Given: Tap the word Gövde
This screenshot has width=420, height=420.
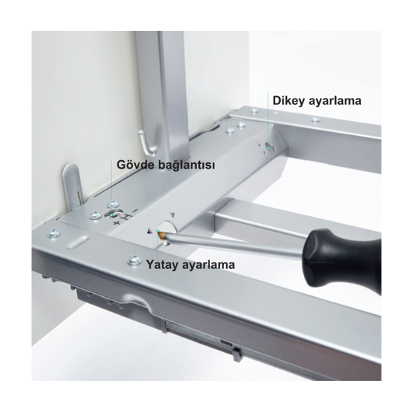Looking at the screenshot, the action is (x=135, y=164).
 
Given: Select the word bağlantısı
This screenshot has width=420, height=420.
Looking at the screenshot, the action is (x=186, y=165).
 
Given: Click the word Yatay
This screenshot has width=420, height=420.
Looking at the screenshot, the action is (x=162, y=265).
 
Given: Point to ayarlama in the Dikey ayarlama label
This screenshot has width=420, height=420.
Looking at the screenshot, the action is (x=335, y=101).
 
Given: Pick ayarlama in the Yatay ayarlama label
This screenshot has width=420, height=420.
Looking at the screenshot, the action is (x=209, y=265).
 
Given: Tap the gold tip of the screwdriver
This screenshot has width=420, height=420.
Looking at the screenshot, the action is (x=162, y=235).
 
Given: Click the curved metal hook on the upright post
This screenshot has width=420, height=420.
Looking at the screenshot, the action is (x=147, y=143).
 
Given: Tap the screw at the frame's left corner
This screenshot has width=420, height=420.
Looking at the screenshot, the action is (x=53, y=233).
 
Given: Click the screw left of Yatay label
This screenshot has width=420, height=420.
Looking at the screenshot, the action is (x=134, y=260).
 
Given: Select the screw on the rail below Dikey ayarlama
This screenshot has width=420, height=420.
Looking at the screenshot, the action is (x=316, y=120).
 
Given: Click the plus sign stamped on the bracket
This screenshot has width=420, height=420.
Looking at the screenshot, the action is (x=116, y=223).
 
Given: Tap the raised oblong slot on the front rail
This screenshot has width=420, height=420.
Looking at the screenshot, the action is (x=78, y=241).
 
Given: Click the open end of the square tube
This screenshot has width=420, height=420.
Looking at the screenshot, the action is (x=221, y=220).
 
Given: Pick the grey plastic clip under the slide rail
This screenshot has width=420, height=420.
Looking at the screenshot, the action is (x=237, y=353).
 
